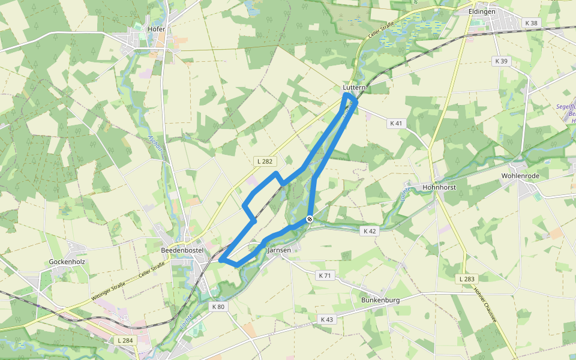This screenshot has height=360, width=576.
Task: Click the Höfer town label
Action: [156, 28]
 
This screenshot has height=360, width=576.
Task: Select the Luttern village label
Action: [354, 88]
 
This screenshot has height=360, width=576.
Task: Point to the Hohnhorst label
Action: [439, 187]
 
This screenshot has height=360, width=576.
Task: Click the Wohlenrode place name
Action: [520, 176]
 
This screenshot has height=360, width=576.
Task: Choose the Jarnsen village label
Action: [279, 250]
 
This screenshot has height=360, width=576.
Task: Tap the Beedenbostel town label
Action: [182, 250]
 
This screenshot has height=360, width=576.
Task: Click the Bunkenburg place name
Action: [380, 299]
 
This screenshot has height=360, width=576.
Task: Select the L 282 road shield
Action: [265, 161]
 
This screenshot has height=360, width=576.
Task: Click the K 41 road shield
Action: [395, 123]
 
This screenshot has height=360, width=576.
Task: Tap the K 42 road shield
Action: [370, 230]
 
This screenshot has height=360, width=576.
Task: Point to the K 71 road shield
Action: [325, 275]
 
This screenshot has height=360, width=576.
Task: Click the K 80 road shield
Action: [218, 307]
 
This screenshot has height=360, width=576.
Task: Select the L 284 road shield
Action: [125, 341]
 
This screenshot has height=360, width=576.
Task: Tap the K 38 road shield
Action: [531, 23]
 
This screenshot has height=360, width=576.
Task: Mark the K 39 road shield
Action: [501, 61]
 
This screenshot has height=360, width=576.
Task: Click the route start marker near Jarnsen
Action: [310, 220]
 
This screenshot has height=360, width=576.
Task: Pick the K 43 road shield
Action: [326, 320]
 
